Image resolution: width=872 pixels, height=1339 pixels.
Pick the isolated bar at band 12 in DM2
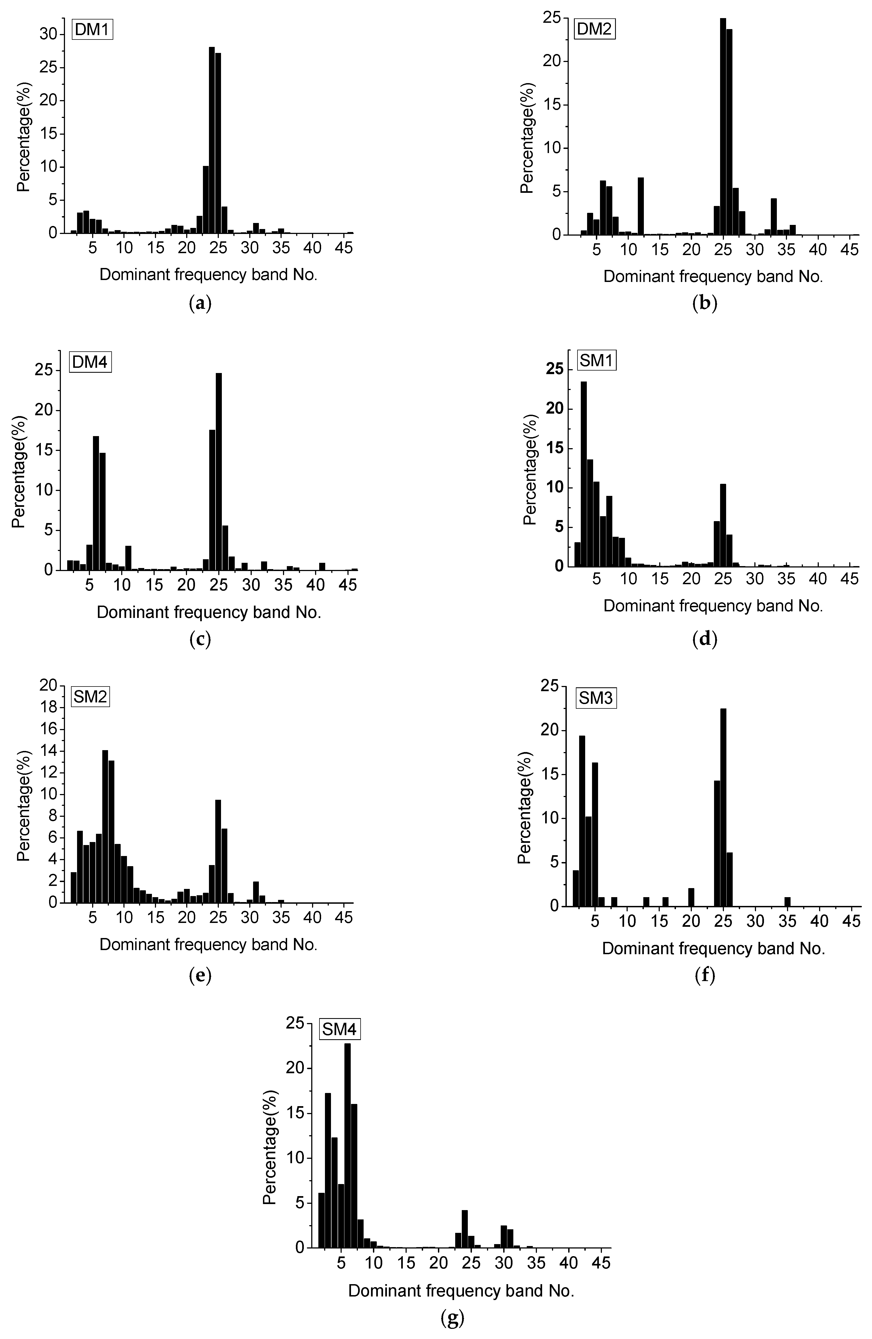pos(640,206)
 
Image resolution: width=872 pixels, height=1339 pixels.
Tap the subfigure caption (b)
pos(704,304)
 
